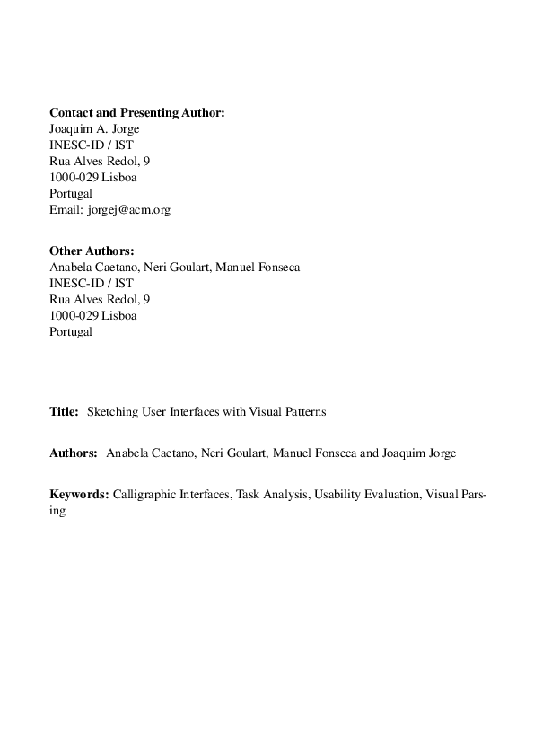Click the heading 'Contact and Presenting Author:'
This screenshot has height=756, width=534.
pos(136,113)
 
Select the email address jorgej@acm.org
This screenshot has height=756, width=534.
pos(128,210)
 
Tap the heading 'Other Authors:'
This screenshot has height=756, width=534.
pos(92,251)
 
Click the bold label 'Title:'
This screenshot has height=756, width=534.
pos(64,412)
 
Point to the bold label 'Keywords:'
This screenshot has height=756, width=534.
pos(79,494)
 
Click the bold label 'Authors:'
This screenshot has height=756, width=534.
pos(73,453)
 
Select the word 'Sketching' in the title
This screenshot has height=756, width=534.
pos(111,412)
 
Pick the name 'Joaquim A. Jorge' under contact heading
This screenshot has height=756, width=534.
pos(94,129)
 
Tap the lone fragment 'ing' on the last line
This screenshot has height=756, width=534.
pos(57,510)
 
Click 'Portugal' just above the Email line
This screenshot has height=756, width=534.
pos(71,194)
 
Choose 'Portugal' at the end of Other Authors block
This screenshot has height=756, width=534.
pos(71,332)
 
